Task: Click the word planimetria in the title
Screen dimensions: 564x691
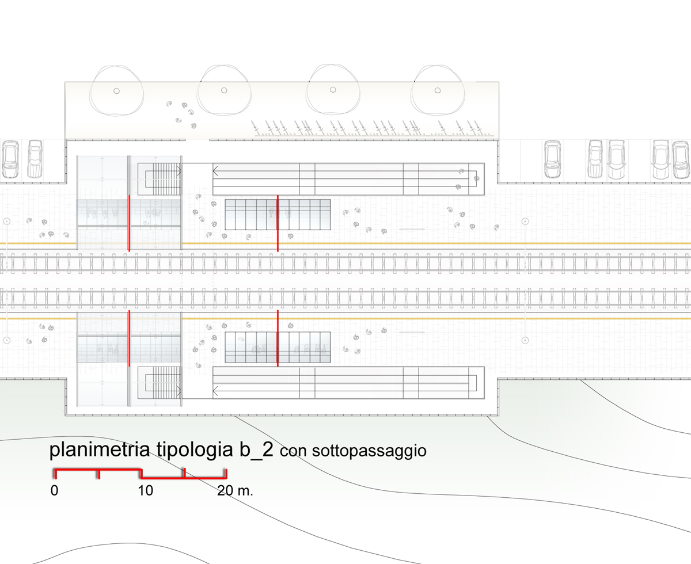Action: tap(101, 450)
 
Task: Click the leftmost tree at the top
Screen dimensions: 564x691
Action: tap(116, 90)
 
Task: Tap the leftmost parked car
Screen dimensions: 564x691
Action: tap(11, 159)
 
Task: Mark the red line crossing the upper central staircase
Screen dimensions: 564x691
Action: tap(278, 223)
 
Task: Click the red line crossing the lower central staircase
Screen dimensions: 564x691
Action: tap(278, 338)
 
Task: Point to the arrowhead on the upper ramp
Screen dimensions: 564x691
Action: tap(215, 170)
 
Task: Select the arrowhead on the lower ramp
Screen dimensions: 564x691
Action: tap(215, 391)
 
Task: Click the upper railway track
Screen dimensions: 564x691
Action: tap(345, 265)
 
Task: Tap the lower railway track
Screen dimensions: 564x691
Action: tap(345, 298)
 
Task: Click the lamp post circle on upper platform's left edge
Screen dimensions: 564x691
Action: tap(7, 221)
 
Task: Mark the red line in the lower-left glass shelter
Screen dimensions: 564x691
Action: tap(129, 338)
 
